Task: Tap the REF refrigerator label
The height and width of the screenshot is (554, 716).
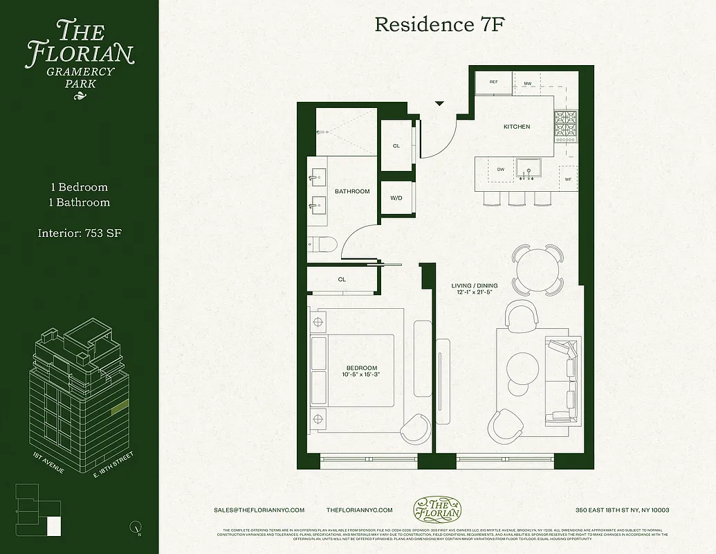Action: [x=493, y=82]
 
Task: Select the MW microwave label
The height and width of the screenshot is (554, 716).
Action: [x=527, y=83]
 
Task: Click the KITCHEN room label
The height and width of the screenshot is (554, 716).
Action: [x=516, y=127]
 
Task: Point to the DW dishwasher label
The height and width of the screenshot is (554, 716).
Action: [x=500, y=169]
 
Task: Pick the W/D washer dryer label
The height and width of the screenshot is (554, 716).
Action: [x=396, y=198]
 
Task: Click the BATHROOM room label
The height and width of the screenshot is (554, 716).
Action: [x=352, y=191]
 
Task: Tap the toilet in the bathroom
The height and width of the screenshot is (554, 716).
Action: [x=322, y=244]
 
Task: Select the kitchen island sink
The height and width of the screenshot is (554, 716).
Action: [x=530, y=168]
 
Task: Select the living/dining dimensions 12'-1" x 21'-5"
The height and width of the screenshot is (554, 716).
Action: [x=471, y=292]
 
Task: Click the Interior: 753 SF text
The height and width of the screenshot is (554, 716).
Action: [x=80, y=233]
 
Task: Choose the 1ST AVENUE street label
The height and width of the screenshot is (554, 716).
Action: [x=48, y=463]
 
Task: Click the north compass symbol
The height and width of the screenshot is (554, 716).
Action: [x=136, y=528]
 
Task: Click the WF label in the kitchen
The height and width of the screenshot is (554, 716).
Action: [x=568, y=179]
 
